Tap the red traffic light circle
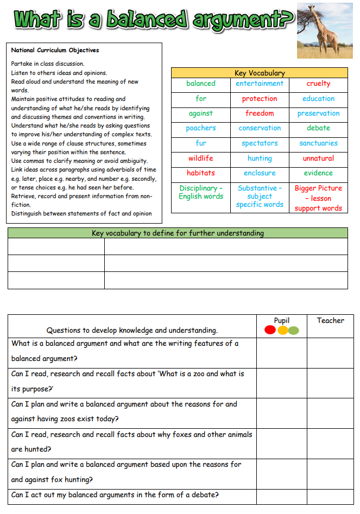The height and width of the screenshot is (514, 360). coord(270,330)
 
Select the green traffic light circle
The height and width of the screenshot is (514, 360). coord(294,330)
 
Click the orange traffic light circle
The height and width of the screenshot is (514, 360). coord(282,330)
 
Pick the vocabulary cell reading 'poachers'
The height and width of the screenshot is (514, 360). coord(201,128)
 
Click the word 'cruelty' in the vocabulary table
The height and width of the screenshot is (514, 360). coord(318,84)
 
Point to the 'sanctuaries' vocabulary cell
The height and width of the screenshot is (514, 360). coord(318,143)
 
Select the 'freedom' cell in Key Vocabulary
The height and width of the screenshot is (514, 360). coord(260,113)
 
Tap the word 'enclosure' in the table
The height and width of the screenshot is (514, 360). coord(260,173)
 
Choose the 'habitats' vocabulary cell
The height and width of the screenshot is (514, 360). coord(201,173)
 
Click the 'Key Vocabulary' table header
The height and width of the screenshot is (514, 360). coord(260,73)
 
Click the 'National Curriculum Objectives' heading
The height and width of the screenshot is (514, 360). coord(55,50)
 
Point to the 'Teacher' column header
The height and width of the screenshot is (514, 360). coord(330,321)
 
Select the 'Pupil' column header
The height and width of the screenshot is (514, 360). coord(282,321)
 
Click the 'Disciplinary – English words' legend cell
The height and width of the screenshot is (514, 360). coord(201,192)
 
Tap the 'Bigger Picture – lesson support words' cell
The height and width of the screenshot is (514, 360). coord(318,198)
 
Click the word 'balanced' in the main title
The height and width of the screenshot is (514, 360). coord(146,20)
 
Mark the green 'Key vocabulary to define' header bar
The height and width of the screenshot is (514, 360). coord(178,233)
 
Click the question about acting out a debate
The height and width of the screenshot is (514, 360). coord(115,495)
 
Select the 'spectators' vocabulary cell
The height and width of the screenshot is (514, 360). coord(260,143)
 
